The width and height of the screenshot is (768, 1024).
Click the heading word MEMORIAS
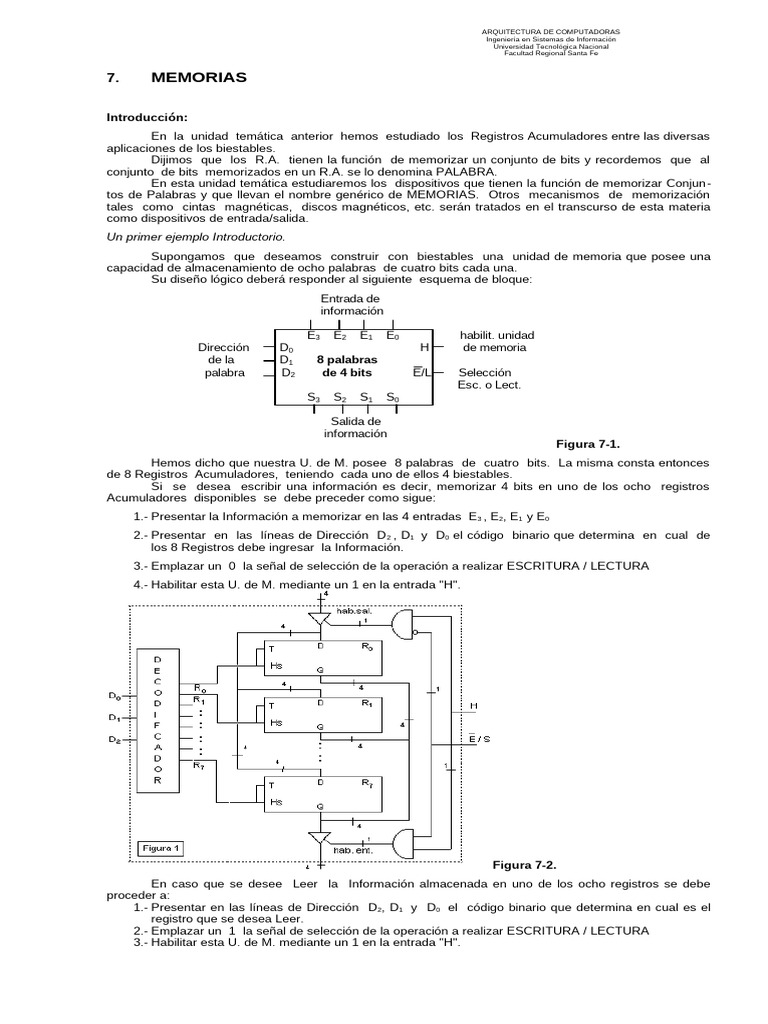[198, 77]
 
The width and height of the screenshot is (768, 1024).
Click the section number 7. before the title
[113, 77]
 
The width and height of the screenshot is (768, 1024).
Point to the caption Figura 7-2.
[530, 863]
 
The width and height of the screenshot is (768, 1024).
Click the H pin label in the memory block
[424, 347]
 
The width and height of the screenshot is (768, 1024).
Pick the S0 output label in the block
[393, 397]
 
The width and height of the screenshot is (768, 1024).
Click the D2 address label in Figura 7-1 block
[288, 373]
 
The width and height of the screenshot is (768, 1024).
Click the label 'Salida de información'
[354, 427]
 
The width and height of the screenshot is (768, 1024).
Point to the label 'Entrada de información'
[351, 305]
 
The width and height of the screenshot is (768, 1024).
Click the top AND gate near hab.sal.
[405, 628]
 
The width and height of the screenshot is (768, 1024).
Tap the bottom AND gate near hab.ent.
[404, 840]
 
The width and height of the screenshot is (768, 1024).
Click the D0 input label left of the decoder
[114, 694]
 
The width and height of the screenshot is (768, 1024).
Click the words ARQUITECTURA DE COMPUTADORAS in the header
[551, 31]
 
